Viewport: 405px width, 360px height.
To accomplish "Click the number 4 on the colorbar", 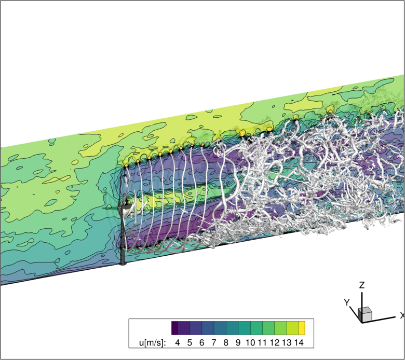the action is coord(177,342).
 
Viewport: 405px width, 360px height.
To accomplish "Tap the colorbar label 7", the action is coord(213,342).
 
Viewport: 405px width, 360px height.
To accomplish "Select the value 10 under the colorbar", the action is coord(250,342).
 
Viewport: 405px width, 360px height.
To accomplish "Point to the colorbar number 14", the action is coord(299,342).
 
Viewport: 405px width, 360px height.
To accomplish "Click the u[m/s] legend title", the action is coord(152,343).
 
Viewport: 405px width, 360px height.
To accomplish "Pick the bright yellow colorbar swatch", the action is coord(302,328).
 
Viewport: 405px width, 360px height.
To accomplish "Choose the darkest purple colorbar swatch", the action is coord(174,328).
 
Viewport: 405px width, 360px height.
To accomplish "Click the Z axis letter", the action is coord(362,285).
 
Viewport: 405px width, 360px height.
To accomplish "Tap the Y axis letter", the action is coord(347,302).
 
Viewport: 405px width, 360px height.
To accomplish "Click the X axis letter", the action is coord(402,315).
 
